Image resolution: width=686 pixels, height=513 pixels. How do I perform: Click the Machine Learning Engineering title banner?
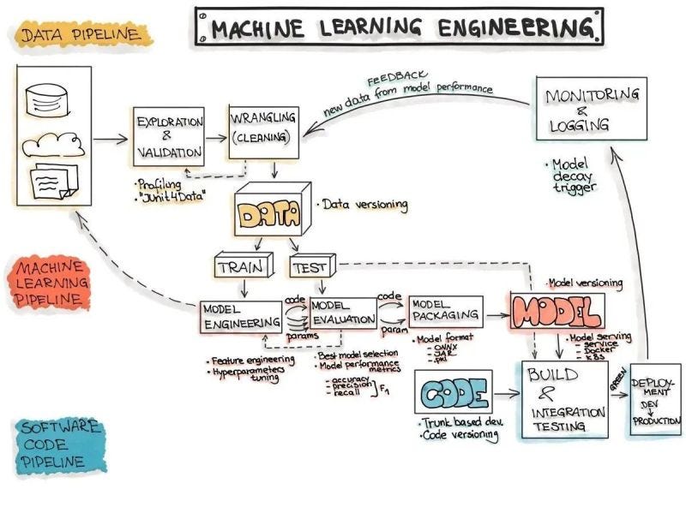pyautogui.click(x=398, y=27)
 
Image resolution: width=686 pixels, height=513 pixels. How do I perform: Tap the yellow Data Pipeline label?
pyautogui.click(x=83, y=35)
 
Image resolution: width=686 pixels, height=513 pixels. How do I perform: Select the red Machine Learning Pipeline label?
pyautogui.click(x=51, y=283)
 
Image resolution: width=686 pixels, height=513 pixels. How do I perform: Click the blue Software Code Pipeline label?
pyautogui.click(x=57, y=444)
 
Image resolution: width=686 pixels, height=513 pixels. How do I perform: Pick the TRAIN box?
pyautogui.click(x=241, y=266)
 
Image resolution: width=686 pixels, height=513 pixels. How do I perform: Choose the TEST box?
pyautogui.click(x=310, y=266)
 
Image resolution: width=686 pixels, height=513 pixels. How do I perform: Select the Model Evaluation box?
pyautogui.click(x=343, y=312)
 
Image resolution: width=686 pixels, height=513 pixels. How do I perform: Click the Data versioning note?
pyautogui.click(x=364, y=206)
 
